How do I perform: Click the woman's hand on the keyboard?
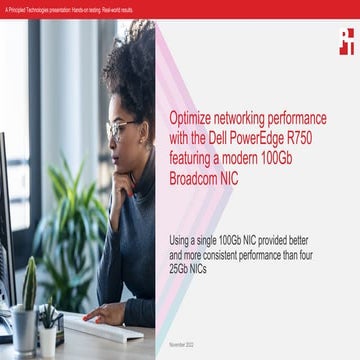106,313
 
